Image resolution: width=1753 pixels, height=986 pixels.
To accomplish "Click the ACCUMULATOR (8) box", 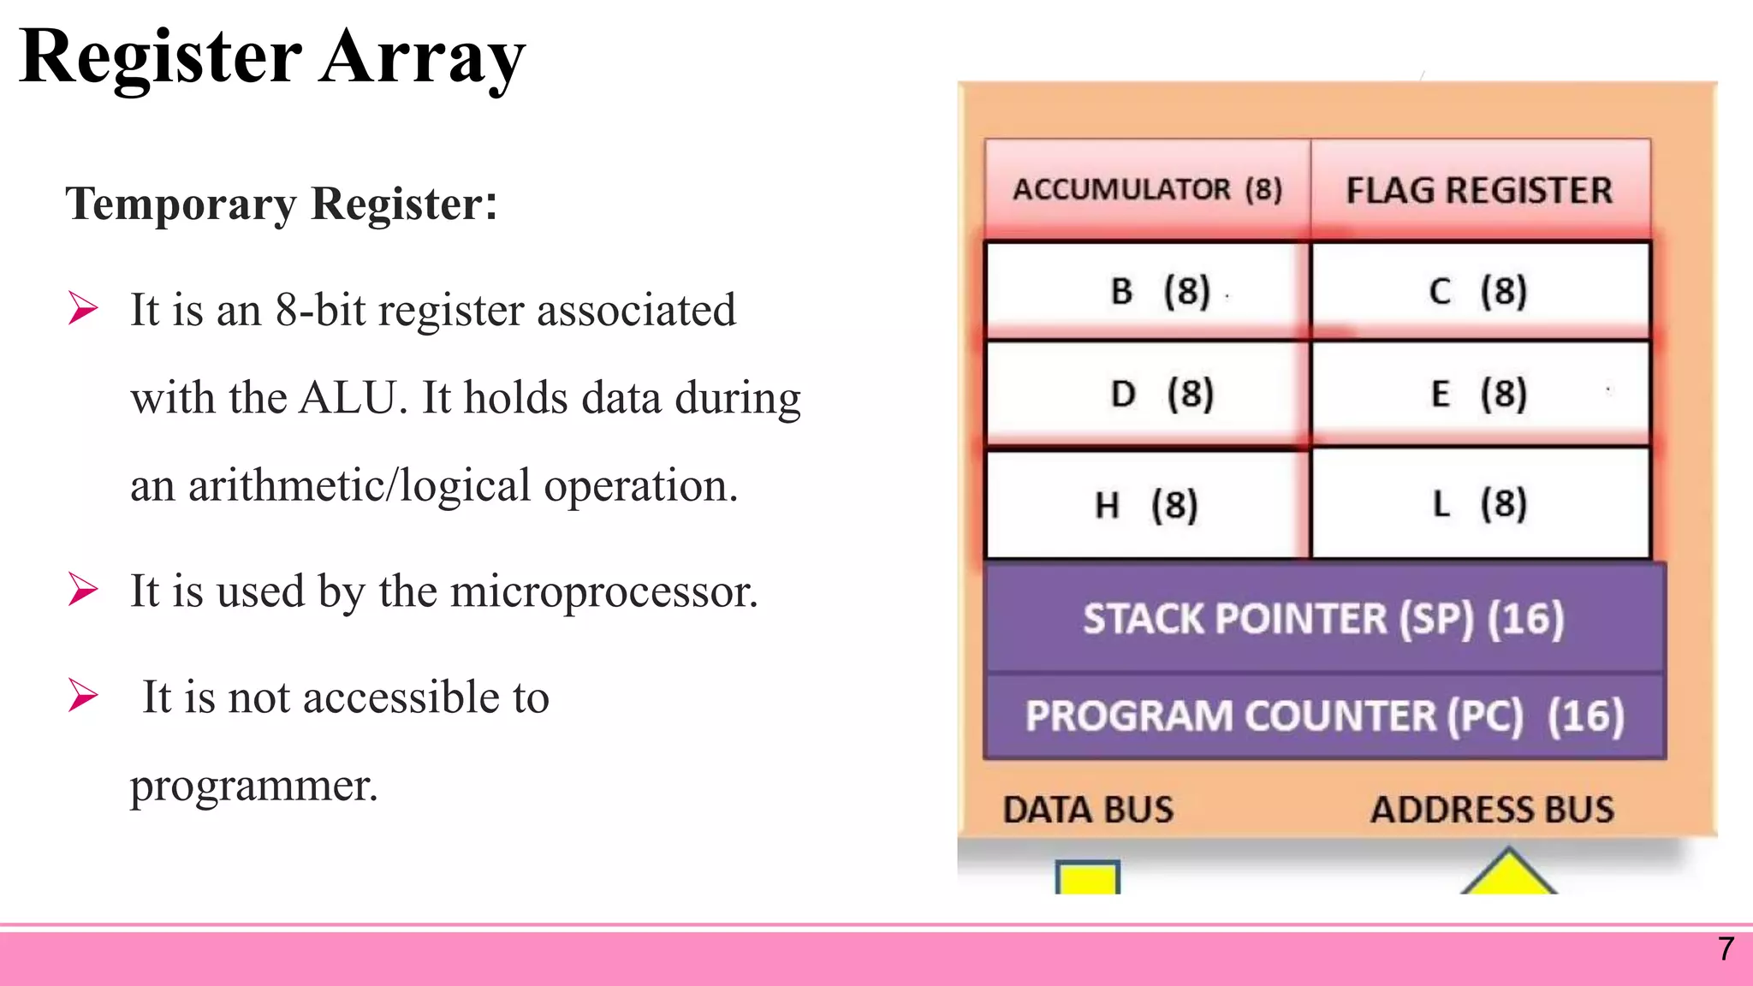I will pyautogui.click(x=1147, y=189).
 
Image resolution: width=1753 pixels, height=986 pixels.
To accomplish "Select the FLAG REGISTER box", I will pyautogui.click(x=1479, y=189).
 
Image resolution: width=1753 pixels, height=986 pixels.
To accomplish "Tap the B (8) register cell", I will pyautogui.click(x=1147, y=291).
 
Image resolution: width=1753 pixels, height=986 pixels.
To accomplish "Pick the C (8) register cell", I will pyautogui.click(x=1479, y=291).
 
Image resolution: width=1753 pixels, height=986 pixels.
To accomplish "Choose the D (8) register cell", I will pyautogui.click(x=1147, y=394).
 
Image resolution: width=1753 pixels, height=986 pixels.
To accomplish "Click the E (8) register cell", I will pyautogui.click(x=1479, y=394).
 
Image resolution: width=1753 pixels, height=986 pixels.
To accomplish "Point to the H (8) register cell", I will pyautogui.click(x=1147, y=504).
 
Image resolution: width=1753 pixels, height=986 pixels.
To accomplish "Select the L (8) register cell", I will pyautogui.click(x=1479, y=503).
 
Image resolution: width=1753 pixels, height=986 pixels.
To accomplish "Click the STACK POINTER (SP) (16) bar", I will pyautogui.click(x=1323, y=618).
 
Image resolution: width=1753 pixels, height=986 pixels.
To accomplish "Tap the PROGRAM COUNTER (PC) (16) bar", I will pyautogui.click(x=1323, y=716).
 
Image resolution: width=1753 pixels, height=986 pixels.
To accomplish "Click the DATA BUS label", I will pyautogui.click(x=1088, y=810).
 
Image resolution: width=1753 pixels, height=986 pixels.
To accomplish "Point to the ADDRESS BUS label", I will pyautogui.click(x=1492, y=810).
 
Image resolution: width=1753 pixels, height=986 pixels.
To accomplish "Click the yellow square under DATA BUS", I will pyautogui.click(x=1087, y=879).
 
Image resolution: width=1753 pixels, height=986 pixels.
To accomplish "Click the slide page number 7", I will pyautogui.click(x=1726, y=948).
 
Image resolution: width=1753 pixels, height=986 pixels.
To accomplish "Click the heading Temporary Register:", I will pyautogui.click(x=282, y=204).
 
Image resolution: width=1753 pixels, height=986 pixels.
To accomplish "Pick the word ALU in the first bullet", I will pyautogui.click(x=349, y=398).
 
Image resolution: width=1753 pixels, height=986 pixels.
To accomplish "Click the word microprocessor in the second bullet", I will pyautogui.click(x=603, y=591).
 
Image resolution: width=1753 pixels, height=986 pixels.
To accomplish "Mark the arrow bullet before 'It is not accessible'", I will pyautogui.click(x=84, y=695).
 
